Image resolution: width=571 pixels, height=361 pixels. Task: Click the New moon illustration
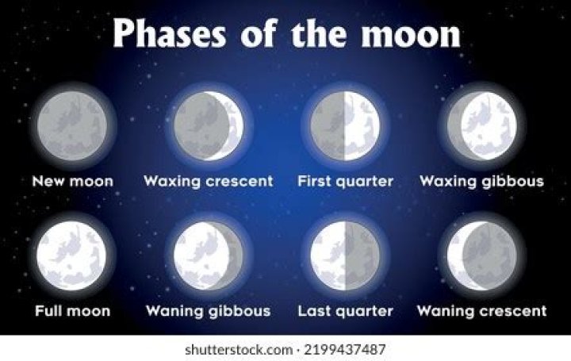coord(72,125)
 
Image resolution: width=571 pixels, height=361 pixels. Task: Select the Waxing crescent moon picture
coord(209,125)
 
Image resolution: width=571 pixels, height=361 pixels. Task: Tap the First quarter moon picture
coord(345,125)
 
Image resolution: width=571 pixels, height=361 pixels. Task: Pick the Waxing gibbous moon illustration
coord(481,125)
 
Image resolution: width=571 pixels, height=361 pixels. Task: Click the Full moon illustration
coord(72,256)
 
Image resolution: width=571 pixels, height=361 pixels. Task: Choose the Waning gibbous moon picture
coord(209,256)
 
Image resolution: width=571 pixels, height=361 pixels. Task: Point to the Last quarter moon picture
coord(345,256)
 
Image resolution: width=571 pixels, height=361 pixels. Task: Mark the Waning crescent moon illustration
coord(481,256)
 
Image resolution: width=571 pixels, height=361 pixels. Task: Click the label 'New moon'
coord(72,182)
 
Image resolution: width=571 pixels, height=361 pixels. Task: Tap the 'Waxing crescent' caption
coord(209,182)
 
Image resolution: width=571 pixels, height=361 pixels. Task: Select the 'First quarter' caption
coord(345,182)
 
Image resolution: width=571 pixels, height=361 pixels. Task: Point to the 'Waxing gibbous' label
coord(481,182)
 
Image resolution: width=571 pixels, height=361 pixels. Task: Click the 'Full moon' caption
coord(72,310)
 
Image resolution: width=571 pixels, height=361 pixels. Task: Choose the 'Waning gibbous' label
coord(209,310)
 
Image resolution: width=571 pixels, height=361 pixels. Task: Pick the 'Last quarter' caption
coord(345,310)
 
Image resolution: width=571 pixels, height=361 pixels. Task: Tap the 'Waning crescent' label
coord(481,310)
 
